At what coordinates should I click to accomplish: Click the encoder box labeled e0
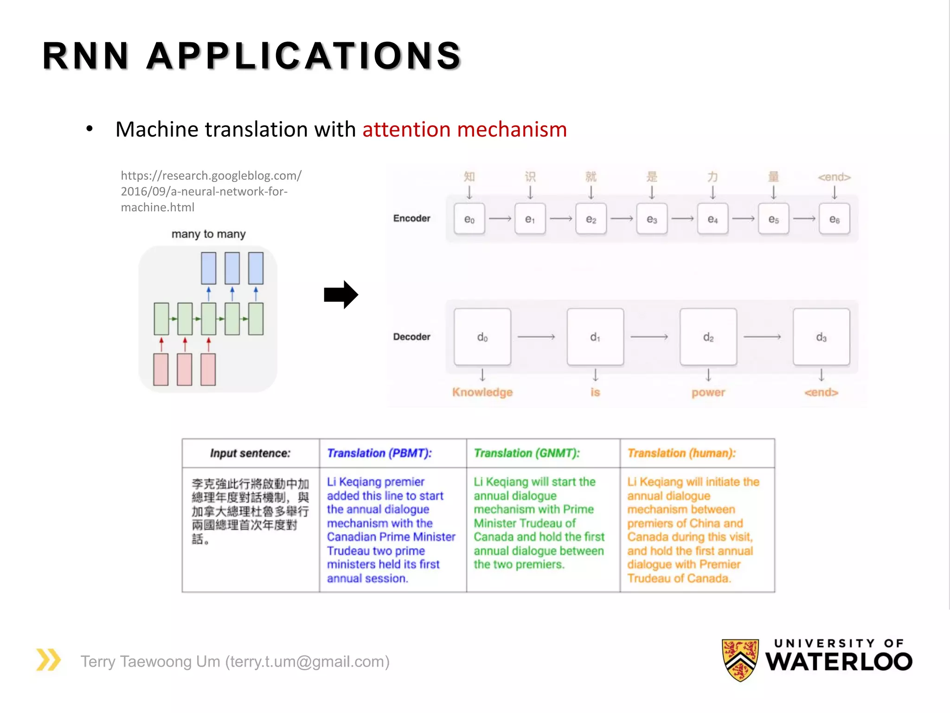[x=469, y=219]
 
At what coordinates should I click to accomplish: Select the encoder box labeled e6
[x=834, y=219]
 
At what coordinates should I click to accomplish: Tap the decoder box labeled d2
[x=708, y=337]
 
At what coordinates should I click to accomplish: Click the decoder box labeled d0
[x=482, y=337]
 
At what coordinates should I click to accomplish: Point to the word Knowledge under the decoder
[x=482, y=392]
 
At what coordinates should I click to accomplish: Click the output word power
[x=708, y=392]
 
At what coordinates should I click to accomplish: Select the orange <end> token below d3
[x=821, y=392]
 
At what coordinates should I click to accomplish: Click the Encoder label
[x=411, y=218]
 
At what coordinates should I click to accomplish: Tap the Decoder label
[x=411, y=337]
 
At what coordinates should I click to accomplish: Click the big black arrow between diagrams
[x=341, y=295]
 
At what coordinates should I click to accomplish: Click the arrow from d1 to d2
[x=649, y=337]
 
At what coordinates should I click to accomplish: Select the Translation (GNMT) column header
[x=526, y=453]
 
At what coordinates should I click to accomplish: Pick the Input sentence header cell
[x=250, y=453]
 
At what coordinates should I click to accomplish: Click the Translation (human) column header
[x=681, y=453]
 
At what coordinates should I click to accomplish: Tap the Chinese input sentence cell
[x=250, y=511]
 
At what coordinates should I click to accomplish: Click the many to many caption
[x=208, y=234]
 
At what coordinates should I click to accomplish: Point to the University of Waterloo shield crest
[x=740, y=660]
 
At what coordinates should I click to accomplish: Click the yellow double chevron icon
[x=48, y=660]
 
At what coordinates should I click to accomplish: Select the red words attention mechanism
[x=464, y=129]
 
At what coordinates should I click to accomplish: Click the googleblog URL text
[x=211, y=191]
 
